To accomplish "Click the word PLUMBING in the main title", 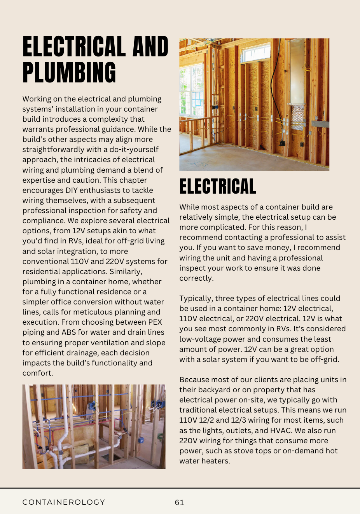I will pos(69,73).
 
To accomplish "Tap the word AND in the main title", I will pos(150,47).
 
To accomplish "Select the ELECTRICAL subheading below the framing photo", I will pos(218,187).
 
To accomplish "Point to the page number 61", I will pos(180,502).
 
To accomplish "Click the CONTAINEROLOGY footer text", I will pos(64,502).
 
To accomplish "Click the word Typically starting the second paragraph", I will pos(196,299).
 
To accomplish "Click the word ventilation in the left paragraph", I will pos(108,343).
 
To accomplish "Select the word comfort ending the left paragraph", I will pos(37,373).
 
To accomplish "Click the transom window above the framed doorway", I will pos(255,53).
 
